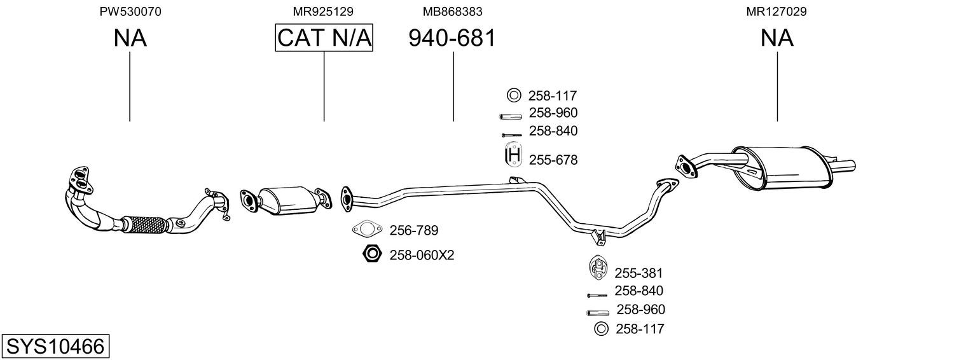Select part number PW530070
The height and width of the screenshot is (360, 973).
coord(130,11)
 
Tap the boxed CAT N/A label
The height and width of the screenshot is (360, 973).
coord(324,38)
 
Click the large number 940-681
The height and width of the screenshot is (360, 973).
coord(452,38)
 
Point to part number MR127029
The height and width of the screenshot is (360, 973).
coord(777,11)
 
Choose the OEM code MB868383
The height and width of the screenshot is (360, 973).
coord(452,11)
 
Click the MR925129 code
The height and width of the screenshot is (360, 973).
coord(323,11)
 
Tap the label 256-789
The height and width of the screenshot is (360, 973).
coord(414,230)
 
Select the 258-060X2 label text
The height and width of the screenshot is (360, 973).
coord(422,255)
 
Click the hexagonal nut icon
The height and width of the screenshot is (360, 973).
coord(370,254)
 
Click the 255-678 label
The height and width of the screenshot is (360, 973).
coord(553,160)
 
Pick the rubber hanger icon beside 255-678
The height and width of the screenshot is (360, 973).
coord(513,156)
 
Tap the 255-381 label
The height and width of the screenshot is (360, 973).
coord(638,273)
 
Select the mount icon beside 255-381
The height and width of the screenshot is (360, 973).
coord(598,268)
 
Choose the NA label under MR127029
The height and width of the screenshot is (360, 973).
coord(777,38)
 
